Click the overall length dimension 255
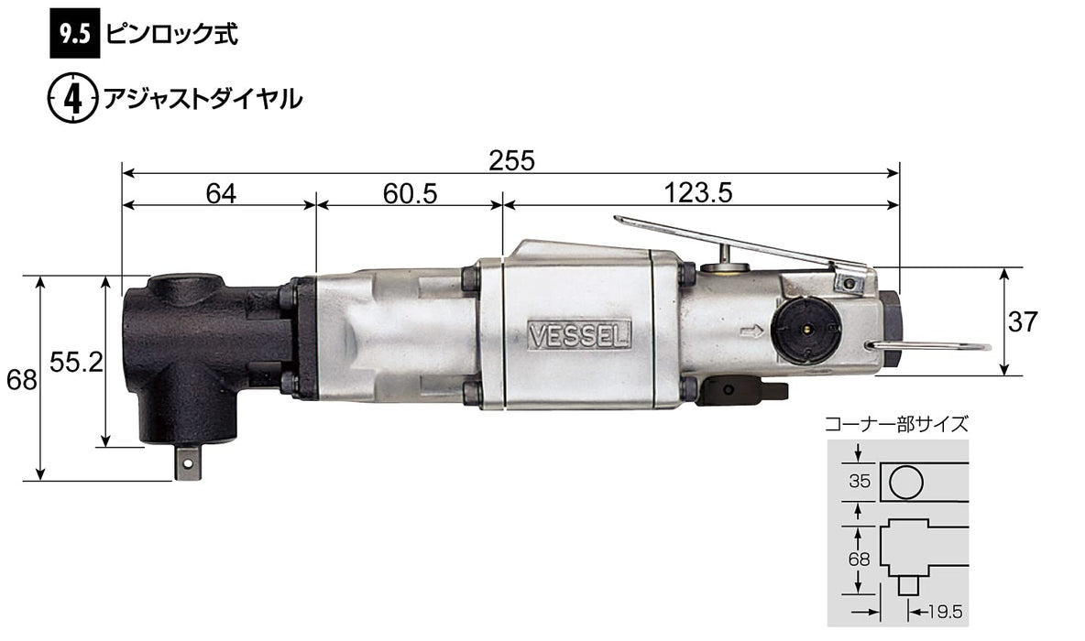[x=511, y=160]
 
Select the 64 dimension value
[x=221, y=193]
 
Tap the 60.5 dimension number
[x=410, y=193]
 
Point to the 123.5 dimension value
[x=697, y=192]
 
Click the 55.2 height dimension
[x=76, y=362]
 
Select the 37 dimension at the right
[x=1023, y=321]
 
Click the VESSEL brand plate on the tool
[x=580, y=335]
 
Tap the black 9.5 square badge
[x=75, y=34]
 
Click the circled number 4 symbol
[x=72, y=99]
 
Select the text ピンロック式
[x=171, y=34]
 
